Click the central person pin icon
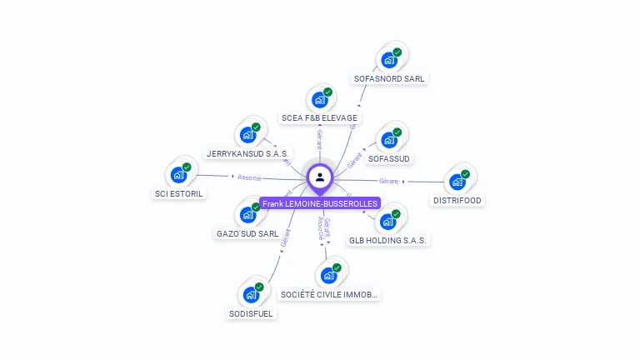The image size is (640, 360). (320, 177)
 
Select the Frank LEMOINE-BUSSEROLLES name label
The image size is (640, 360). (320, 203)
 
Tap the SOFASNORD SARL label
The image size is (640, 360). (389, 79)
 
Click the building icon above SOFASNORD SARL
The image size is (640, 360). (388, 60)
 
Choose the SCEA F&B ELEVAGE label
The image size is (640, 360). (319, 118)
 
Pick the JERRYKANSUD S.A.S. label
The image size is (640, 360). (247, 154)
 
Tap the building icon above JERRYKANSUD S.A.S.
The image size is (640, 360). (247, 135)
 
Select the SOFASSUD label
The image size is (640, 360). (389, 158)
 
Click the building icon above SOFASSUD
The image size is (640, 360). (388, 139)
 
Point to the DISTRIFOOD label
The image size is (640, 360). (457, 200)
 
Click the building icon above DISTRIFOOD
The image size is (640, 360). (457, 182)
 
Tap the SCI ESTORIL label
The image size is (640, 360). (179, 194)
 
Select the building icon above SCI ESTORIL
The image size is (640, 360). (178, 175)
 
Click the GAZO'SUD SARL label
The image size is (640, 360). (247, 234)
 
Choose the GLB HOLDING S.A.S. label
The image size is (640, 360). (388, 241)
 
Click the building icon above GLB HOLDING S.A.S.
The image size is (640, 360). (387, 222)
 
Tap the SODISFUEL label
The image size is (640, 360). (251, 314)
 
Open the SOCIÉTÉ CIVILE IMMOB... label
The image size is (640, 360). (329, 294)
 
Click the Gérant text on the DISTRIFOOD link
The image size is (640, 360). (388, 181)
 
